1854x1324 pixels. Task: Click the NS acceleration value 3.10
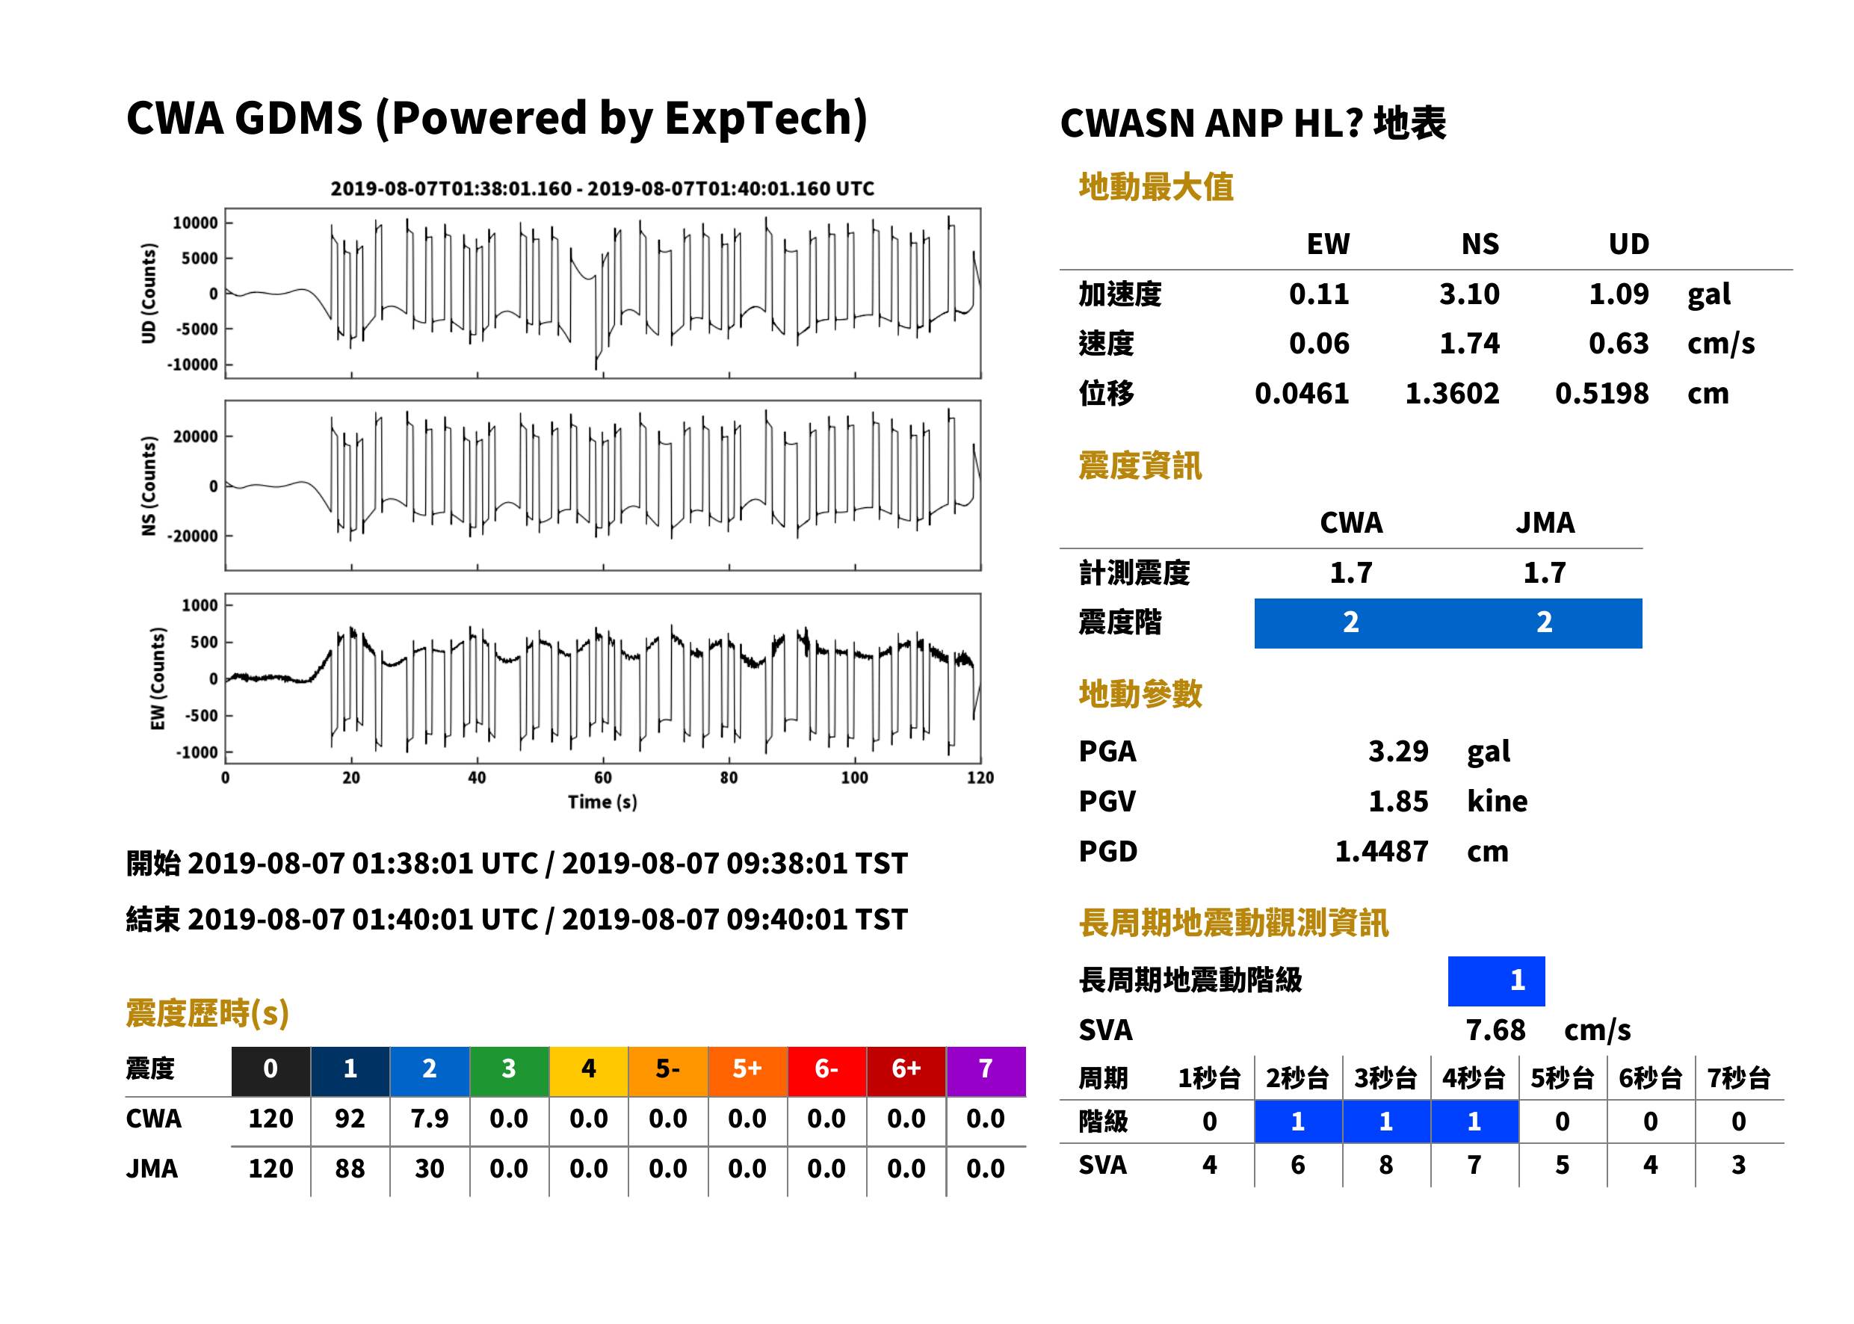tap(1468, 294)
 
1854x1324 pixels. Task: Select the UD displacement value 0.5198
tap(1601, 394)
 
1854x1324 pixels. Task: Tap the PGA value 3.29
tap(1398, 751)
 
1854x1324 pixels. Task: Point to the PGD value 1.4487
tap(1382, 851)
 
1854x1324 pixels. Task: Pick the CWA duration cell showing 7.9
tap(430, 1119)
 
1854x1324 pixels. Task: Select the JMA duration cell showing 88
tap(350, 1169)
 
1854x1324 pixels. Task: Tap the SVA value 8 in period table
tap(1386, 1165)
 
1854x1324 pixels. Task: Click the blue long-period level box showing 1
tap(1496, 981)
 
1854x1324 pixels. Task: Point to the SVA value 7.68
tap(1495, 1030)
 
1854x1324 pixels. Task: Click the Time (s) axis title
tap(602, 802)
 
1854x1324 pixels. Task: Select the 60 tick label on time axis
tap(602, 778)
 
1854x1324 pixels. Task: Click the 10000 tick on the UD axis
tap(196, 223)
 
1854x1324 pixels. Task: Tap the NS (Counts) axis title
tap(149, 486)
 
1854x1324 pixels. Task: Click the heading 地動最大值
tap(1156, 187)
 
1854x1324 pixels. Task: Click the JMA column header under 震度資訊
tap(1545, 522)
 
